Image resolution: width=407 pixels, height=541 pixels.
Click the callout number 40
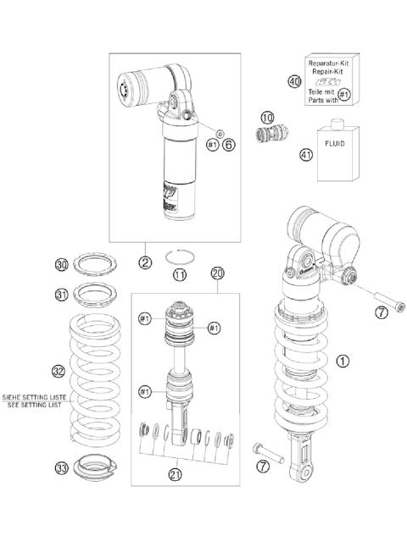coord(294,82)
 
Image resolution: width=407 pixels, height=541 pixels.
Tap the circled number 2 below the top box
coord(146,263)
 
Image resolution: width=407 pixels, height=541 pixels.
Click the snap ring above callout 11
coord(179,257)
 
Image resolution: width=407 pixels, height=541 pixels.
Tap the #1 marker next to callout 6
coord(212,145)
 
